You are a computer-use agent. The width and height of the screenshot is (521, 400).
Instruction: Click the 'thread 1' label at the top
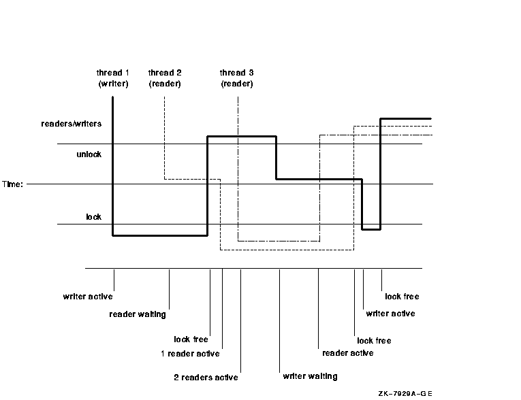(112, 72)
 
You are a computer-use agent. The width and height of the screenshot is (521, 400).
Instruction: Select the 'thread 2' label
(165, 72)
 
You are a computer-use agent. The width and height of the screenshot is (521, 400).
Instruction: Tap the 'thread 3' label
(237, 72)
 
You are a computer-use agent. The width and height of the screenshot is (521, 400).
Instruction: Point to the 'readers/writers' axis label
(72, 124)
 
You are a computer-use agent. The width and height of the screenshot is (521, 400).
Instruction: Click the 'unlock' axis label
(89, 154)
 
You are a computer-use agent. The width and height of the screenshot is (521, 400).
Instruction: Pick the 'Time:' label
(12, 184)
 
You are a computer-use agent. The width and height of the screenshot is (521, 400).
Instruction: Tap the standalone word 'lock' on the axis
(93, 217)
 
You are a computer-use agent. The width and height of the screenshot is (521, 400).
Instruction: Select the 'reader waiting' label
(138, 314)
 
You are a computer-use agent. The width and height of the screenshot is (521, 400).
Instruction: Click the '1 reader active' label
(190, 354)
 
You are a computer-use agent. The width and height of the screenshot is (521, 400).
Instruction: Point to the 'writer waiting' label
(310, 376)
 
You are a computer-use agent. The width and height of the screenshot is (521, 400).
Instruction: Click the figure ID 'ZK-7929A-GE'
(406, 393)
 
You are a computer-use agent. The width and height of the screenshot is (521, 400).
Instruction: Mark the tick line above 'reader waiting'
(169, 288)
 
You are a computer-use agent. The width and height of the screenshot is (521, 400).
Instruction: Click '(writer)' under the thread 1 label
(113, 84)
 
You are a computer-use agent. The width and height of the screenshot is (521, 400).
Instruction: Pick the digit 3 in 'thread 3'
(250, 72)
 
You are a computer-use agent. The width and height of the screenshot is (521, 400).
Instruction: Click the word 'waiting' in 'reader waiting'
(151, 314)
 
